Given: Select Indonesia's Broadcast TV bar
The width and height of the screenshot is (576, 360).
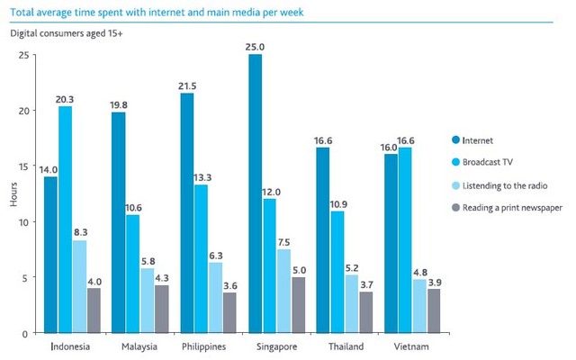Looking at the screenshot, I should point(65,220).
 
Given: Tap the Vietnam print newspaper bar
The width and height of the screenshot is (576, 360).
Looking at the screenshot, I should point(434,311).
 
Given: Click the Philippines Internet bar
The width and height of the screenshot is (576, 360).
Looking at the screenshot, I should point(187,213).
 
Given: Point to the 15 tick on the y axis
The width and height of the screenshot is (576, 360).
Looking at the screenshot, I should point(23,166).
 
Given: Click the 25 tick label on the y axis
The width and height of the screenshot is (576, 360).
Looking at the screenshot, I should point(23,55).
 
